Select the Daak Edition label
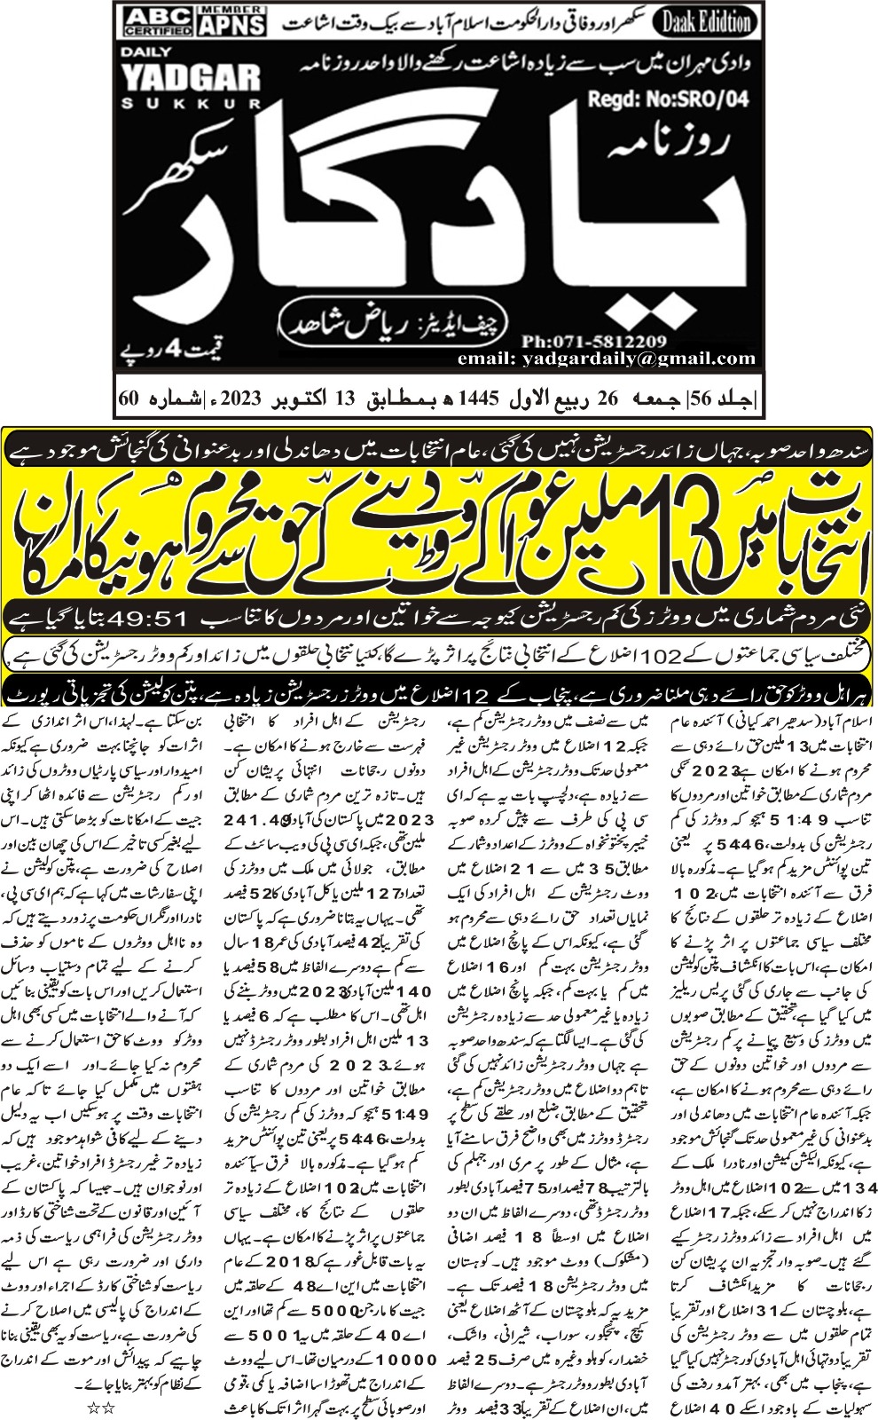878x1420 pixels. [707, 21]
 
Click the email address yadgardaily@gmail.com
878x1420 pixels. [607, 359]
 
